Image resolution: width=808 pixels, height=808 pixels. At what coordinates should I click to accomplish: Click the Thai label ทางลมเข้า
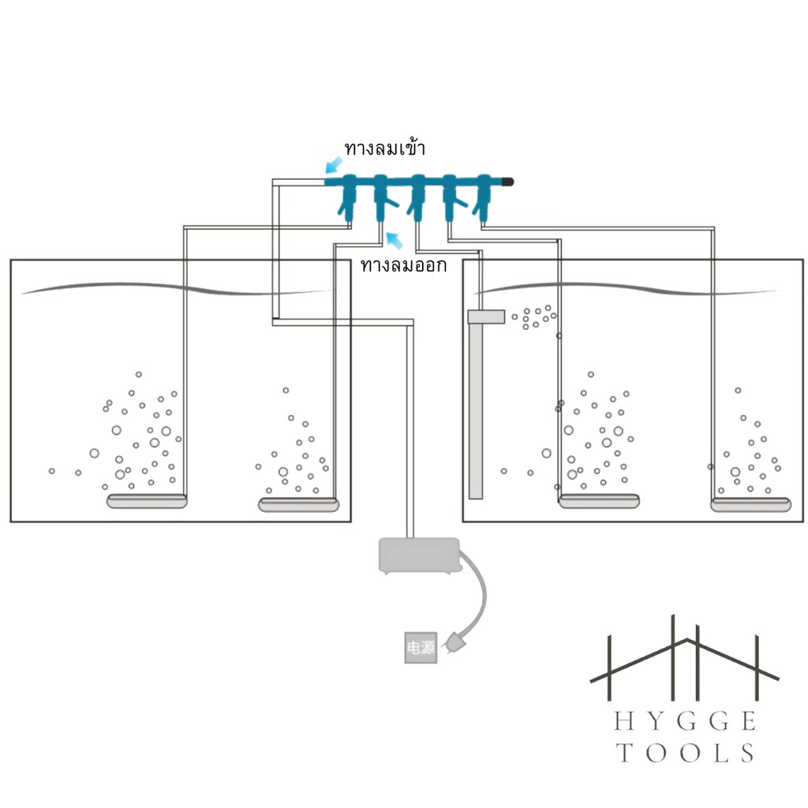(x=384, y=148)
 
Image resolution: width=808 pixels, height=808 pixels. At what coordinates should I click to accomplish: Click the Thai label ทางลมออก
(x=403, y=265)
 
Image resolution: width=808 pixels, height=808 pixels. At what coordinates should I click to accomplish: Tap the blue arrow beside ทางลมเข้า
(x=334, y=166)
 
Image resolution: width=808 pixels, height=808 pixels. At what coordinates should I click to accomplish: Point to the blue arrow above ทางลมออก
(x=395, y=241)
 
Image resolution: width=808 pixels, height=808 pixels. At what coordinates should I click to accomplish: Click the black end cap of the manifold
(x=507, y=182)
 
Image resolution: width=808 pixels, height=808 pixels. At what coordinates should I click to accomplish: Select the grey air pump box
(x=419, y=556)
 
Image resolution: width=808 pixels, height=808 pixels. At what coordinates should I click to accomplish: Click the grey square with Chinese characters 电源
(x=421, y=647)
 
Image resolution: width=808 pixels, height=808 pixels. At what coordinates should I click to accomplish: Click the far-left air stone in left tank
(x=146, y=501)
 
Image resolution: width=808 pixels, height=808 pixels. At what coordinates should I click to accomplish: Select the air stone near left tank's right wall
(x=298, y=504)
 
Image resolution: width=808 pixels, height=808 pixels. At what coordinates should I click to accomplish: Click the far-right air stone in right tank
(x=751, y=504)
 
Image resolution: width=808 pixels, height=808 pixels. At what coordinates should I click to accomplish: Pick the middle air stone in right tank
(x=600, y=501)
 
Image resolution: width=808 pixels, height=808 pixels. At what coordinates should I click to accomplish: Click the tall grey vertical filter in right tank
(x=476, y=405)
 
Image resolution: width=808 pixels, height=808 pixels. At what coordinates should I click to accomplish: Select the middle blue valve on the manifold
(x=417, y=197)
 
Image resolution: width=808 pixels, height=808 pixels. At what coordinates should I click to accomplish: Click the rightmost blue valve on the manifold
(x=484, y=197)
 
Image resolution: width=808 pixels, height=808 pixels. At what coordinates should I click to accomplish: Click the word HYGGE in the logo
(x=686, y=721)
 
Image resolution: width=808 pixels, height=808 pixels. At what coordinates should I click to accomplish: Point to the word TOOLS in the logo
(x=686, y=753)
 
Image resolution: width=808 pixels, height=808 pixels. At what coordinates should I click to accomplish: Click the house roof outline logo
(x=684, y=658)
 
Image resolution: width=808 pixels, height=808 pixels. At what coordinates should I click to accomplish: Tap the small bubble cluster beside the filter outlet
(x=534, y=317)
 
